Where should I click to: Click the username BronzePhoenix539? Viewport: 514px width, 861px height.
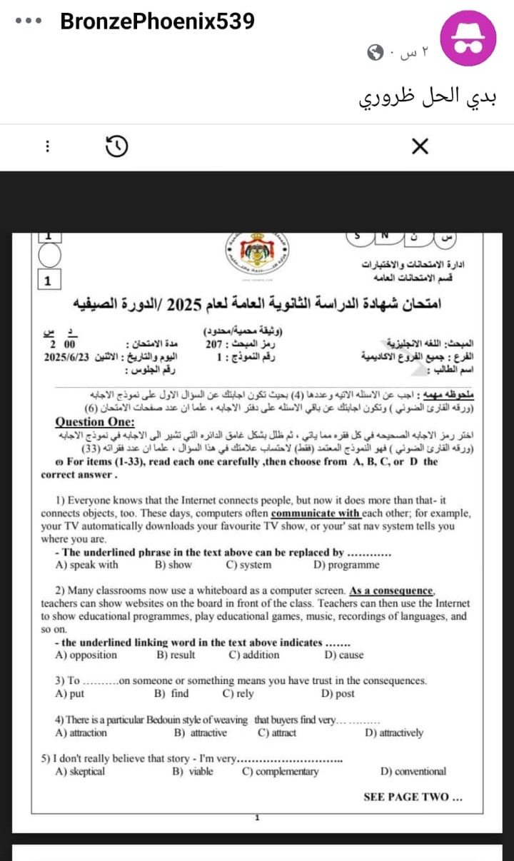pyautogui.click(x=157, y=21)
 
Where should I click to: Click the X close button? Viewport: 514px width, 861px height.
pyautogui.click(x=420, y=147)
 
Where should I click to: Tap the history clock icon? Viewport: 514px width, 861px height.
pyautogui.click(x=117, y=146)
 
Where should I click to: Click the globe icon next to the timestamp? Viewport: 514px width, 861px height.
pyautogui.click(x=376, y=51)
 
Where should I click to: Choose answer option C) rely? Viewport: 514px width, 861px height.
pyautogui.click(x=238, y=693)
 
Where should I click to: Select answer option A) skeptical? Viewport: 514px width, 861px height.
pyautogui.click(x=80, y=771)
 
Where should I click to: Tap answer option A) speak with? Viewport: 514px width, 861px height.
pyautogui.click(x=86, y=565)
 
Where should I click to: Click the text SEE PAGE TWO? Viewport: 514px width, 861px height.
pyautogui.click(x=413, y=797)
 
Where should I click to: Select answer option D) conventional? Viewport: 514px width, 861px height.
pyautogui.click(x=413, y=771)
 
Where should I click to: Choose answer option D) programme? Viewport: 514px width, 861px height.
pyautogui.click(x=346, y=565)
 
